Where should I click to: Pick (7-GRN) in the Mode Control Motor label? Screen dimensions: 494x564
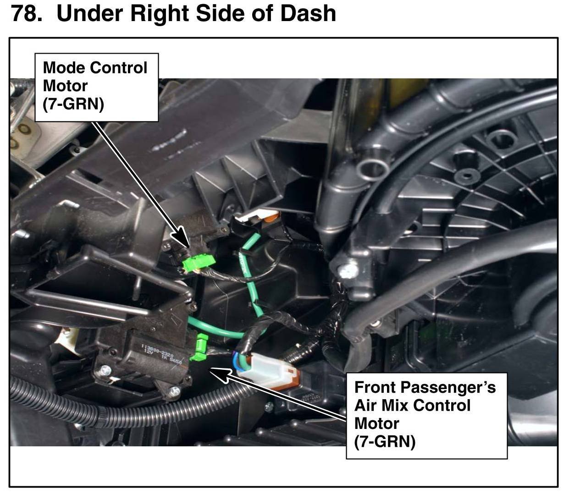[73, 104]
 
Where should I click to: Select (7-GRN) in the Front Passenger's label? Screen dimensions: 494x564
[385, 441]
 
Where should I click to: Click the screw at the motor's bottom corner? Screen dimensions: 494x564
[174, 391]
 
